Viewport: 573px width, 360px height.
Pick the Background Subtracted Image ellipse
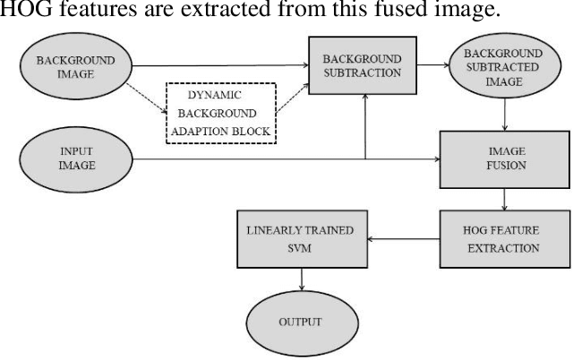click(506, 66)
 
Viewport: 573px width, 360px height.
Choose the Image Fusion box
click(506, 159)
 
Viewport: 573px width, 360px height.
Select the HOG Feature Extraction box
click(506, 238)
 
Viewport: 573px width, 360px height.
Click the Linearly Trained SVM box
click(300, 238)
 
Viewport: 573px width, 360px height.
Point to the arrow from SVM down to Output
click(300, 279)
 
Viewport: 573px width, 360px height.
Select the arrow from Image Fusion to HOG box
click(506, 199)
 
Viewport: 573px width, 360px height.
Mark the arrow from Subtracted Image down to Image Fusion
click(506, 114)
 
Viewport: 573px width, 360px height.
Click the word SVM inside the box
click(300, 248)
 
